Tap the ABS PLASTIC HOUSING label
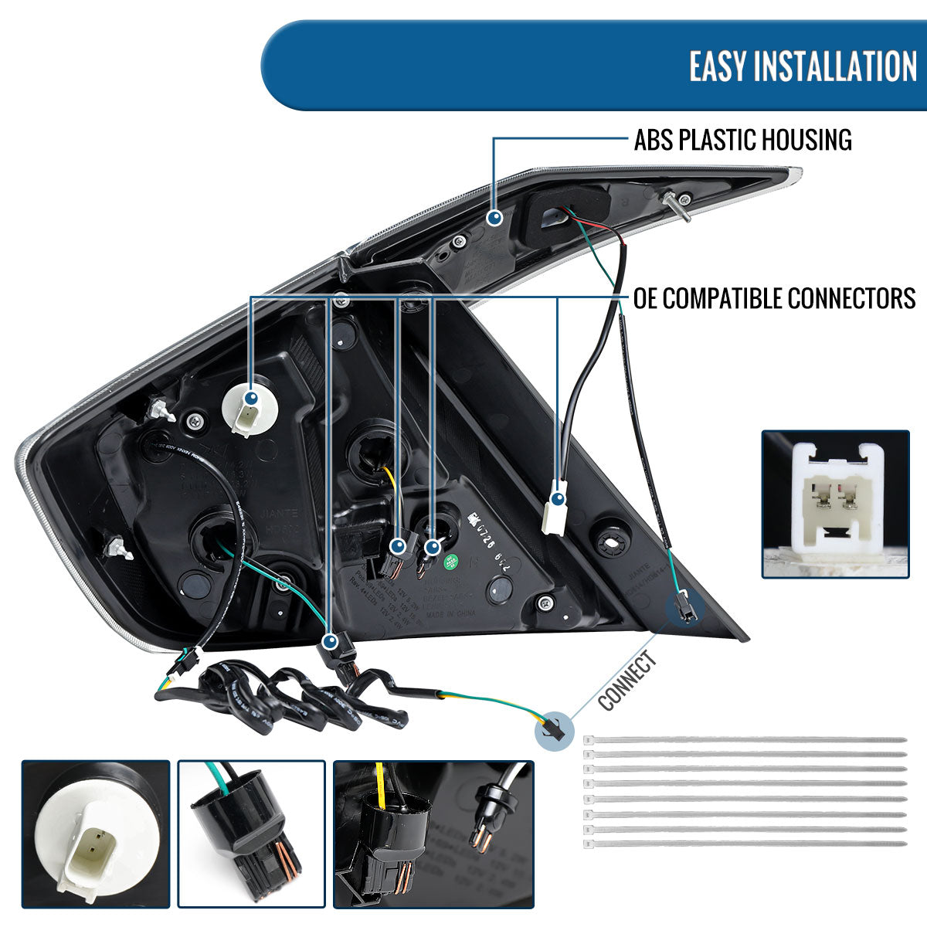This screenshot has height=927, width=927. pos(742,140)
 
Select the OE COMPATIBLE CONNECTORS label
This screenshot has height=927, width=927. pos(774,297)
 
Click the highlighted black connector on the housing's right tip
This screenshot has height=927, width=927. pos(684,610)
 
